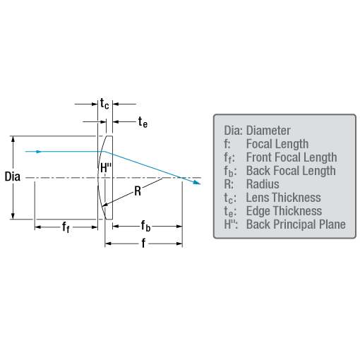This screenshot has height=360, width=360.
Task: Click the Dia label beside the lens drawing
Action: [13, 176]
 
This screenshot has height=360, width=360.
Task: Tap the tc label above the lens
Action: [104, 104]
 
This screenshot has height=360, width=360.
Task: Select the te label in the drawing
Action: [143, 122]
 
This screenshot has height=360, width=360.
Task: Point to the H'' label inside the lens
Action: [106, 168]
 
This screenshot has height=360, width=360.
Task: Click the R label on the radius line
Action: [138, 191]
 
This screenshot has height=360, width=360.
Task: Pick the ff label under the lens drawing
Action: [66, 227]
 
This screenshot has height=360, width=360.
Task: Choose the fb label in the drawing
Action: [145, 226]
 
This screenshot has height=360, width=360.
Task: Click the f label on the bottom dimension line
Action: [143, 243]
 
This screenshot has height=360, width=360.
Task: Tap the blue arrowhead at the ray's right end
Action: [197, 182]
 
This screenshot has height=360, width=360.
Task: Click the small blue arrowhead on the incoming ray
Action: [39, 152]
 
